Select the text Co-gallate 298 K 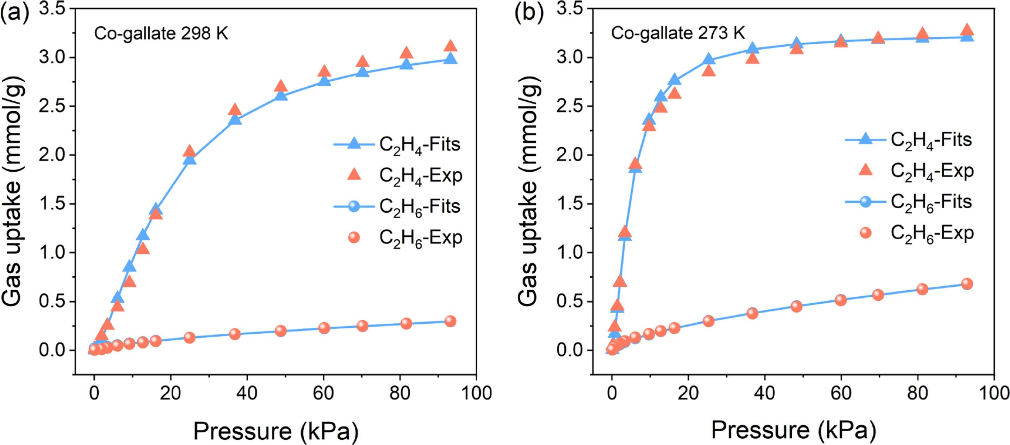tap(161, 34)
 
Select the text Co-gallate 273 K tap(678, 34)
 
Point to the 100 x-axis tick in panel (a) tap(476, 393)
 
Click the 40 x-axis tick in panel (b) tap(764, 393)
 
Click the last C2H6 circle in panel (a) tap(451, 321)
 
